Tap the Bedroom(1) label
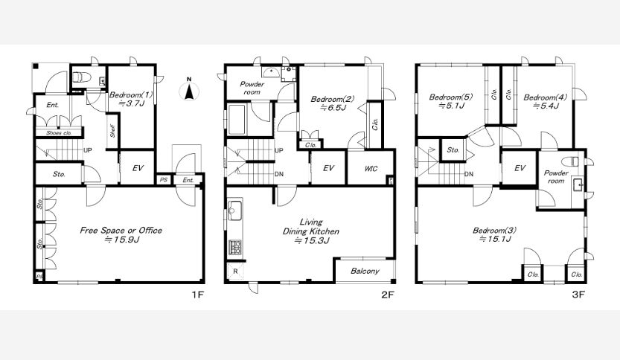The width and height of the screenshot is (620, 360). coord(130,95)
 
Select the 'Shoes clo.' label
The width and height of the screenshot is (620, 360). coord(59,133)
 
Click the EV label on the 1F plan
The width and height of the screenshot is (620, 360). coord(138,168)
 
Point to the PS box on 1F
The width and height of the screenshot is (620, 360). coord(164,180)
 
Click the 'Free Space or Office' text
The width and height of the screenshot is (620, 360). coord(121,231)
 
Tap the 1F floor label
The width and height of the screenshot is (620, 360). coord(198,295)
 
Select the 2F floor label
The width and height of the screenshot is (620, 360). coord(388,295)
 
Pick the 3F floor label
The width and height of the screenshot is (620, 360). coord(578,295)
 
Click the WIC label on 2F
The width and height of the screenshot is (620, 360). coord(371,169)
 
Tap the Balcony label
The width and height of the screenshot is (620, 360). coord(365,271)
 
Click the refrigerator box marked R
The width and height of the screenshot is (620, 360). coord(235,271)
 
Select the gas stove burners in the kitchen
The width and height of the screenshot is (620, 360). coord(235,248)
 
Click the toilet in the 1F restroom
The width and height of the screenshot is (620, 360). coord(82,77)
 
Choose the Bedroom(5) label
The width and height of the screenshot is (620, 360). coord(451,97)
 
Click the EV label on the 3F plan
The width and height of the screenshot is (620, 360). coord(520,168)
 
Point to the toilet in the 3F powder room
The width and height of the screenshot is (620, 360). coord(571,161)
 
